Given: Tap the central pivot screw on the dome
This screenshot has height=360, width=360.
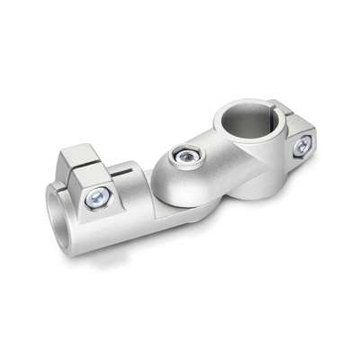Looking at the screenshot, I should pyautogui.click(x=184, y=157).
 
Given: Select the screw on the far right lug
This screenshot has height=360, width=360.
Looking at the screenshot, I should pyautogui.click(x=303, y=144).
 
